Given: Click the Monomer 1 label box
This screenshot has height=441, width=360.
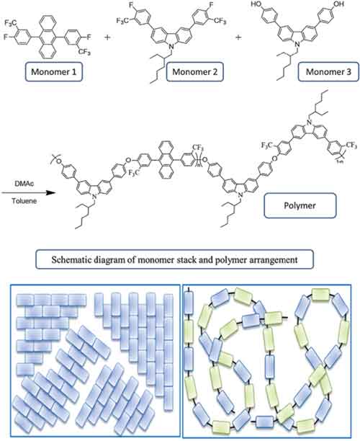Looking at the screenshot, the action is click(54, 72).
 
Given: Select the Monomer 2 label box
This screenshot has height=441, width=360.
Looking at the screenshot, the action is click(195, 72).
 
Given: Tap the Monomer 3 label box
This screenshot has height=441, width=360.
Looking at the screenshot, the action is click(328, 72).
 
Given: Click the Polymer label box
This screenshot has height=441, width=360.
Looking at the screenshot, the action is click(300, 205).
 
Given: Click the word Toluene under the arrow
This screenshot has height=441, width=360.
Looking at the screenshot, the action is click(24, 201).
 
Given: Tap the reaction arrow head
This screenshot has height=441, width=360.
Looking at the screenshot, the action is click(51, 193).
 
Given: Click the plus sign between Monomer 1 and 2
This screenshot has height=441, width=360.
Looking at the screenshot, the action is click(107, 37).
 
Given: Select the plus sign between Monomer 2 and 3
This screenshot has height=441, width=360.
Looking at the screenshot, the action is click(238, 37).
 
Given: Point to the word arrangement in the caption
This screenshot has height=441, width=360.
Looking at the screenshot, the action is click(274, 260).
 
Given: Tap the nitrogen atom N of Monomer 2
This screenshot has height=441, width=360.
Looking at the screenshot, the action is click(172, 48).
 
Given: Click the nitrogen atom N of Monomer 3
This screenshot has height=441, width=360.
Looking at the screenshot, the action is click(299, 45).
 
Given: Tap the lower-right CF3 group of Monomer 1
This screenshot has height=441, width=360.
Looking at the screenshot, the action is click(84, 51).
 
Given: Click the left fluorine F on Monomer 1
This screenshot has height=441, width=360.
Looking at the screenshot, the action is click(5, 37).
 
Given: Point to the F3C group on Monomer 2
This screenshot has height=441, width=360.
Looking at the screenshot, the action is click(122, 20).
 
